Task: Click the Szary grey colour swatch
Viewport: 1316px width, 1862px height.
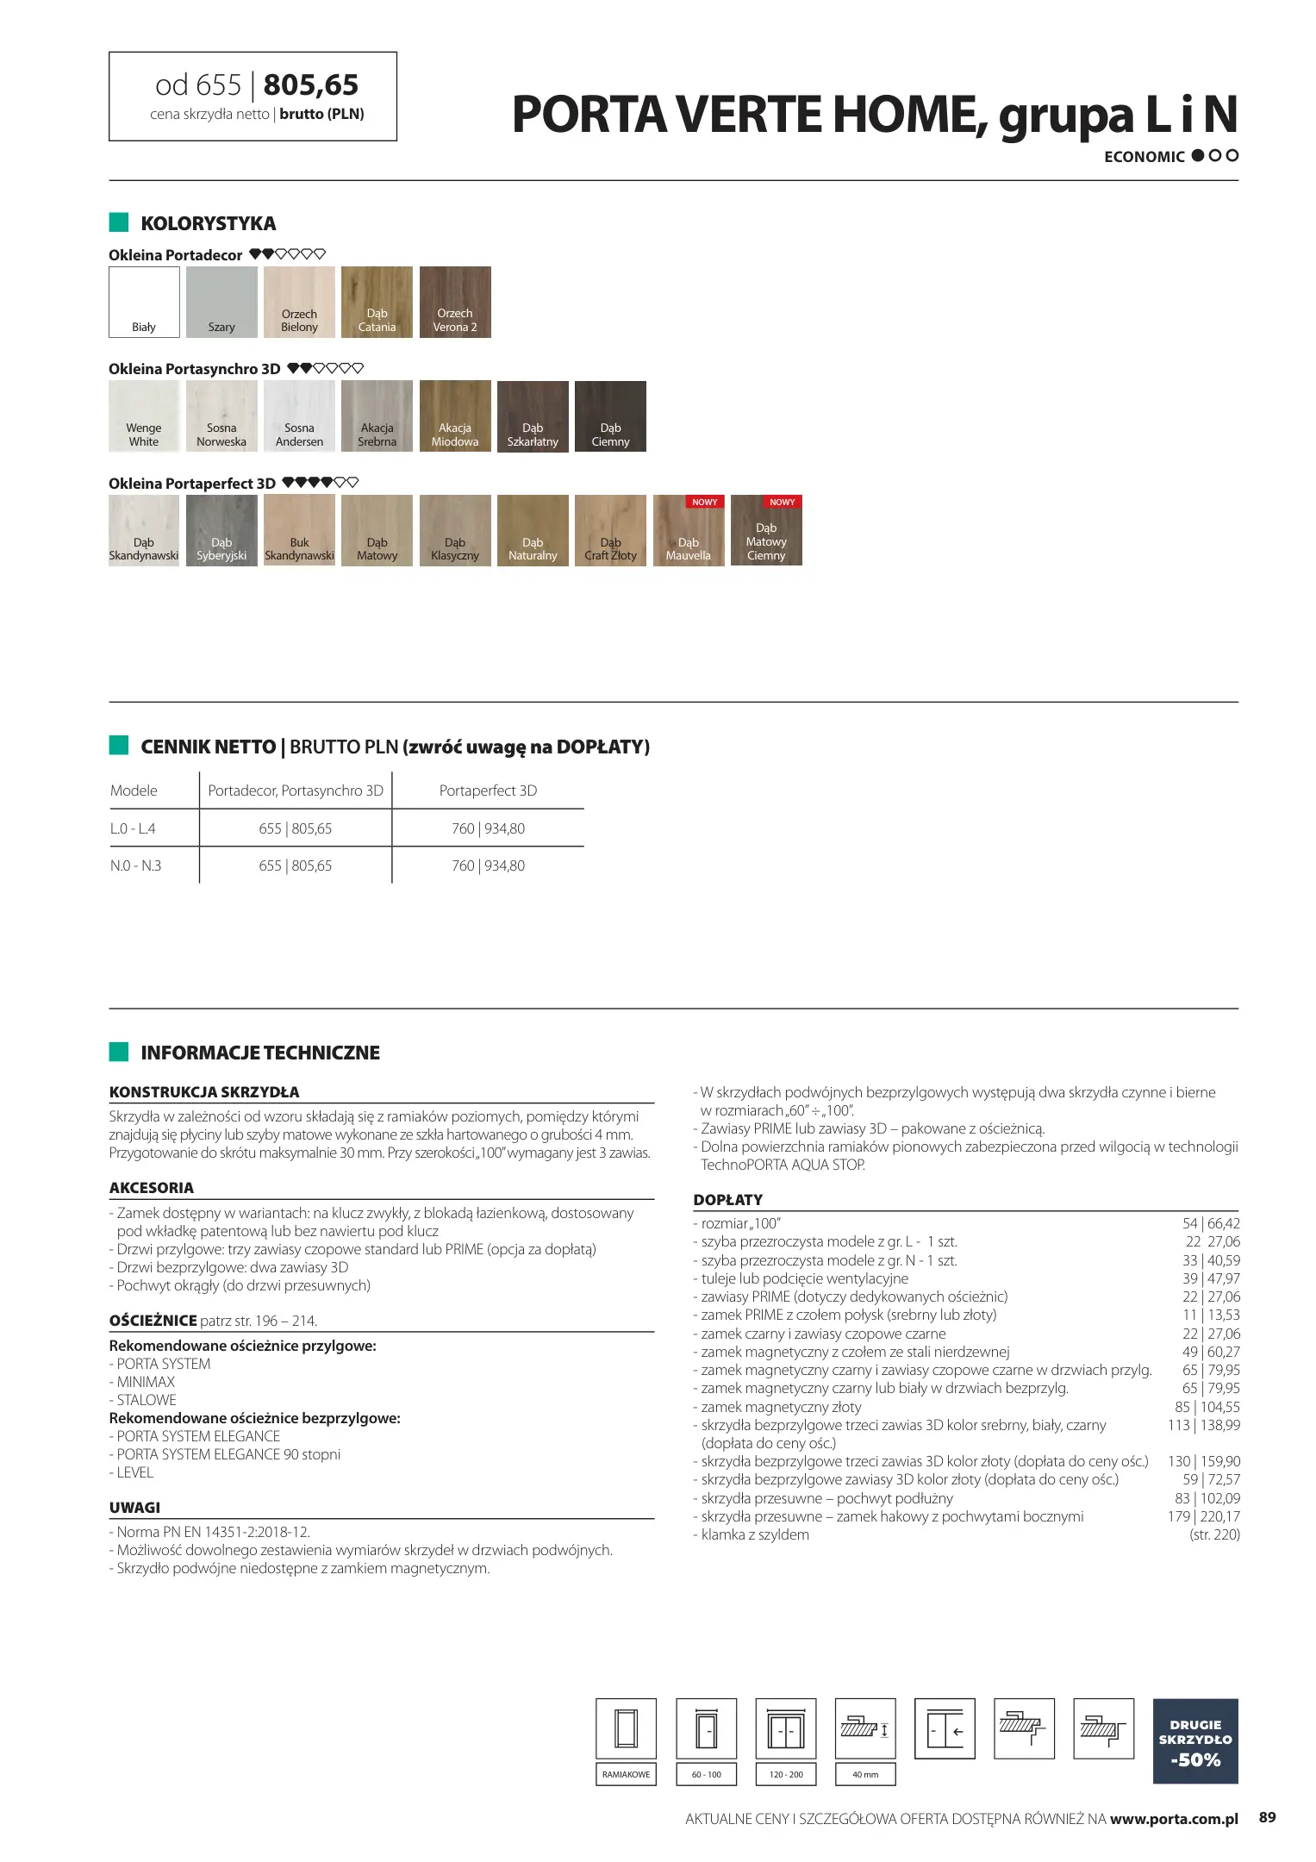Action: point(221,302)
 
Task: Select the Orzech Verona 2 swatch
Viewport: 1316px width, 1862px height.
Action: point(455,302)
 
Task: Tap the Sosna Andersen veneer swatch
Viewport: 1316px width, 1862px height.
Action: point(299,416)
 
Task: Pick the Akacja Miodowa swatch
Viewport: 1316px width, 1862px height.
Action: point(455,416)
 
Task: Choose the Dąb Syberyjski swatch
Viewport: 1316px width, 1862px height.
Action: point(221,530)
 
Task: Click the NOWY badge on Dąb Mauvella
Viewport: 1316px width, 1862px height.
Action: point(704,502)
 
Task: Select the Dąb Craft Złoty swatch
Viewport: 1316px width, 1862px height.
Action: point(610,530)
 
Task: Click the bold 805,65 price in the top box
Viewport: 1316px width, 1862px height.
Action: point(310,85)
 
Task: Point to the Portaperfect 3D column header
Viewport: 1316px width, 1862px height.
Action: point(488,790)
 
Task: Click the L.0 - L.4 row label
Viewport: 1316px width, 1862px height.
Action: point(133,828)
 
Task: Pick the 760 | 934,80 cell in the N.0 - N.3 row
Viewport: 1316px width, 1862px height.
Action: point(488,865)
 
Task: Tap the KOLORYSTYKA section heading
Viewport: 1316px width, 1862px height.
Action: point(208,224)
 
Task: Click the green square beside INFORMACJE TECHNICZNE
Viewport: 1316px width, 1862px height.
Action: point(119,1052)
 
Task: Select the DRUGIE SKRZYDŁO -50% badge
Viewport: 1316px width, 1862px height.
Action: point(1194,1740)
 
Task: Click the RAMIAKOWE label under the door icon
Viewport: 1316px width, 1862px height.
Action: point(626,1774)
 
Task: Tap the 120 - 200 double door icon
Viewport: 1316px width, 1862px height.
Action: point(785,1729)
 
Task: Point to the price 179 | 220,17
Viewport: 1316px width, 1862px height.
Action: point(1203,1516)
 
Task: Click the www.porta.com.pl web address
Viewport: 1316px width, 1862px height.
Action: point(1174,1819)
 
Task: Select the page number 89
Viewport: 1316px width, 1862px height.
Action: point(1267,1817)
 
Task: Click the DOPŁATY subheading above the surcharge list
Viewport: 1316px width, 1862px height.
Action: point(727,1200)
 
